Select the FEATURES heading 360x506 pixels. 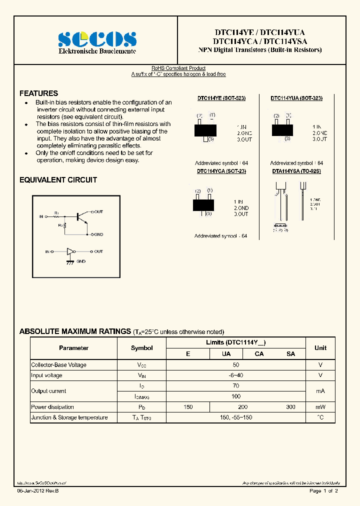[38, 93]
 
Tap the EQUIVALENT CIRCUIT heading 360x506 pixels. [58, 180]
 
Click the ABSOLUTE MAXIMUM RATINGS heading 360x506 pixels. [74, 331]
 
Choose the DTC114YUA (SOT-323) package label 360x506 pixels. [296, 98]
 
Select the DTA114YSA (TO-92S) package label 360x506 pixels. [296, 171]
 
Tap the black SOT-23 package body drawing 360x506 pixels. [203, 204]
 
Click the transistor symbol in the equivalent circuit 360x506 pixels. [80, 216]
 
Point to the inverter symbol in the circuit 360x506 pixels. [70, 251]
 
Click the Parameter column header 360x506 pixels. [73, 348]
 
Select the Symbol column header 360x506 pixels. [141, 348]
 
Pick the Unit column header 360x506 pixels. [320, 348]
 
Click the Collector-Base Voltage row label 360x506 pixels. [58, 365]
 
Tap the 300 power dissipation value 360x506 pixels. [290, 407]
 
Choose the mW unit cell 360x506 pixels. [320, 407]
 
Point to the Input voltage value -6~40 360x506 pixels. [235, 375]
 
